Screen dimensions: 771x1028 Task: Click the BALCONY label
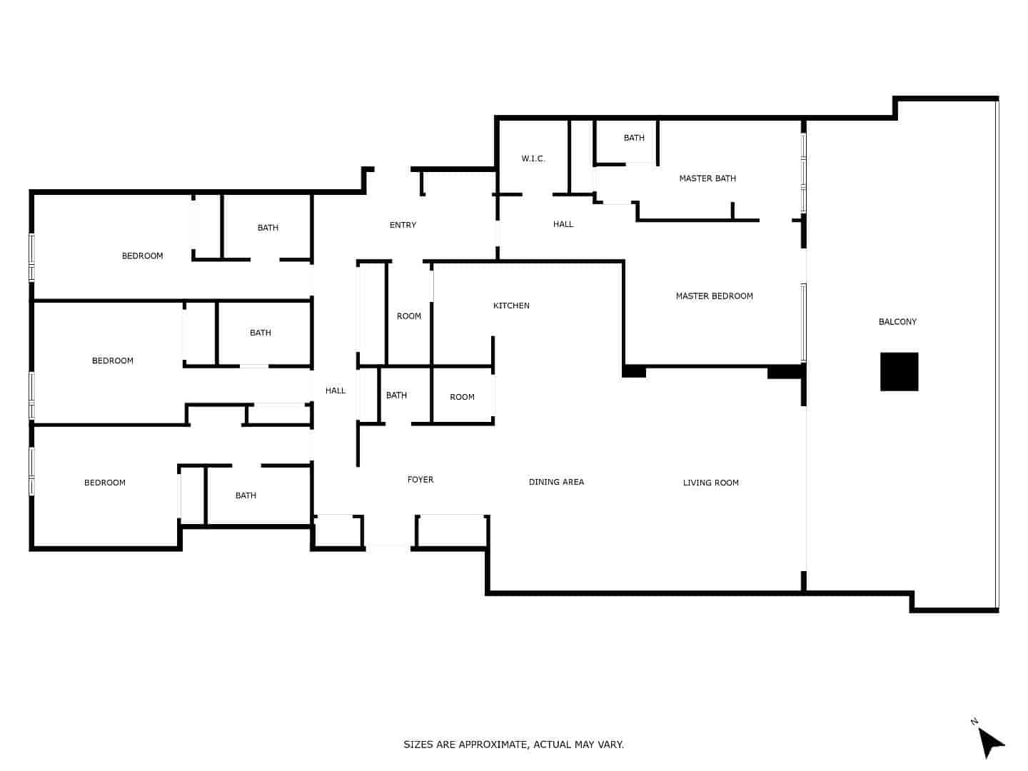(897, 322)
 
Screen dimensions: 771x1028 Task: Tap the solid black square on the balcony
(899, 372)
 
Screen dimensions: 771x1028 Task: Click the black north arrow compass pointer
(990, 742)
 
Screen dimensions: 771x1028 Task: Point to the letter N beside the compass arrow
(974, 722)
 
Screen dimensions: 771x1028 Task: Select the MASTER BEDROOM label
(714, 296)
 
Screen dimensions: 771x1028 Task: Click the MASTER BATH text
(707, 178)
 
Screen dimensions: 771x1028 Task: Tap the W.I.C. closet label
(533, 158)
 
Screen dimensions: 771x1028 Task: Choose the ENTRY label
(403, 225)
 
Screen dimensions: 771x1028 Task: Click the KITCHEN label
(511, 306)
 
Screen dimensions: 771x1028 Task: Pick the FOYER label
(420, 480)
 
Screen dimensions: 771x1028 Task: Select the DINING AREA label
(556, 482)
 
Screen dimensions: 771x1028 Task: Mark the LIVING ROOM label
(710, 483)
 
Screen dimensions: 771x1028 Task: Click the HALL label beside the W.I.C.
(563, 224)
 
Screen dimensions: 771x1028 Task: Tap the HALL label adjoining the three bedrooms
(335, 390)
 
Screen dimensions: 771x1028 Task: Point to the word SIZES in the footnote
(418, 745)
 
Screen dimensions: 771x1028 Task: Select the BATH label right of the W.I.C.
(633, 138)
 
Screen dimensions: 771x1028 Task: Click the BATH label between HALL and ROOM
(396, 395)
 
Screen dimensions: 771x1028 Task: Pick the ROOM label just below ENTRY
(408, 316)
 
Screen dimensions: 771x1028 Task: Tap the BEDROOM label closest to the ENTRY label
(142, 256)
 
